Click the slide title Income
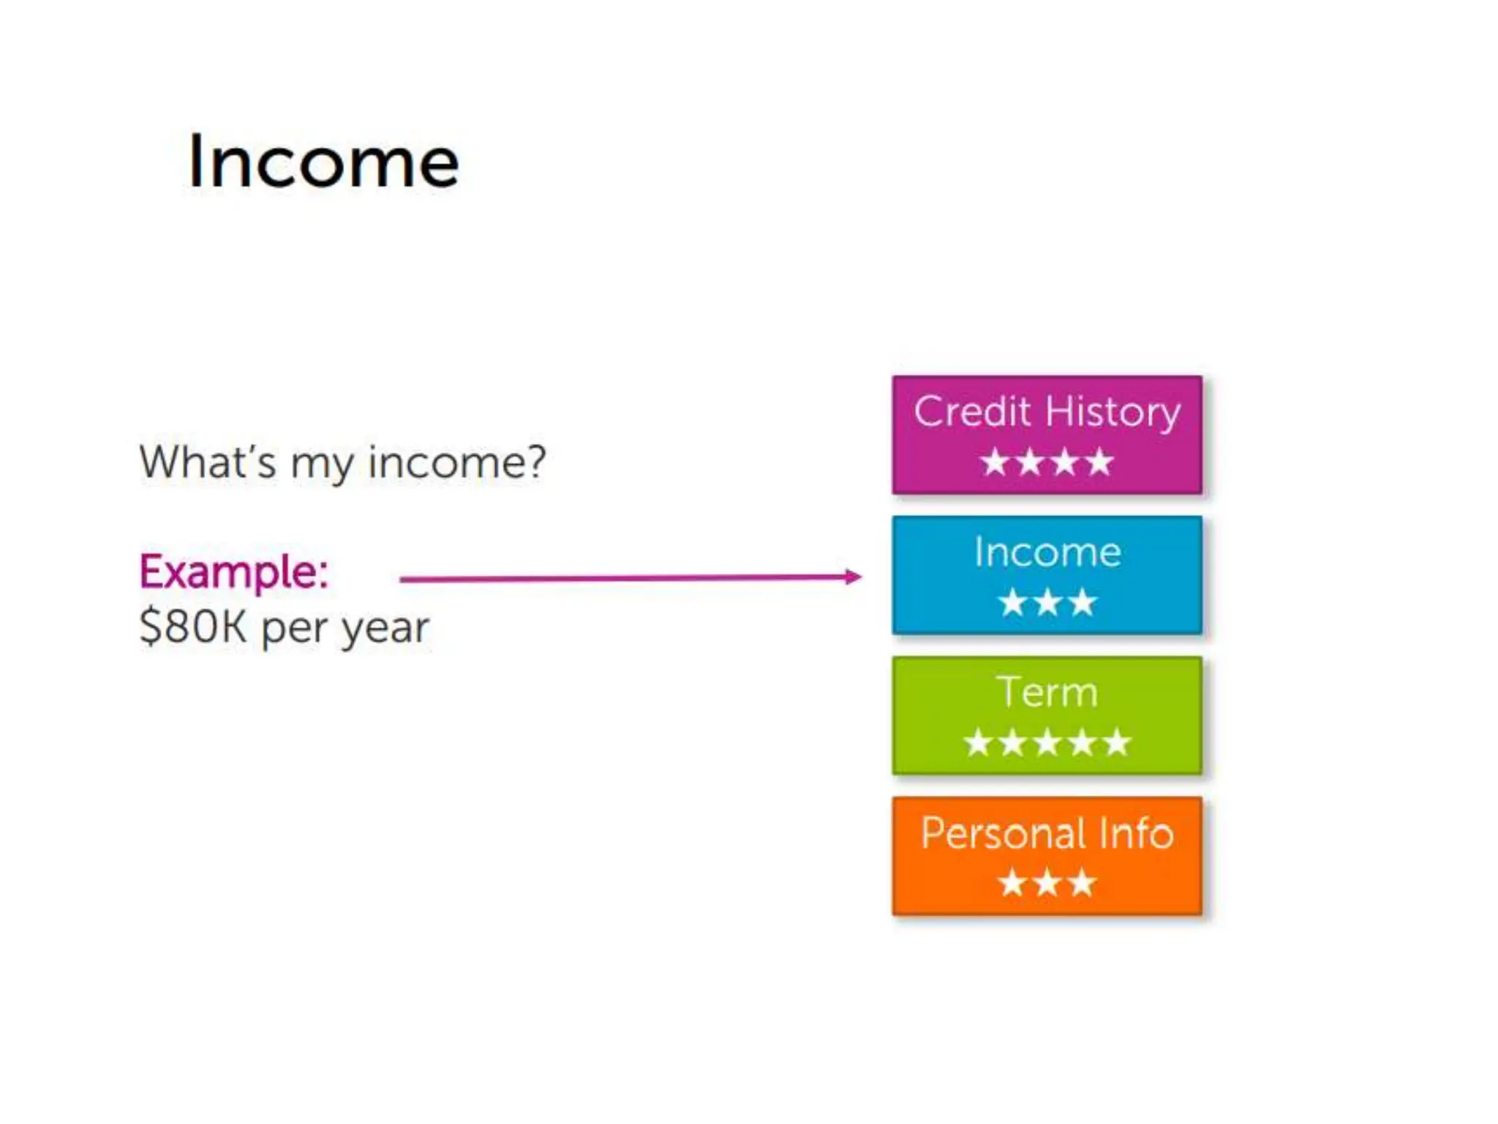pos(323,162)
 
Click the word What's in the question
pos(208,462)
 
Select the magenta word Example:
pos(234,572)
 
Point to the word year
pos(385,629)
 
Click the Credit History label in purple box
pos(1047,411)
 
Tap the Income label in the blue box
pos(1047,552)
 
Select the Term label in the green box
pos(1047,692)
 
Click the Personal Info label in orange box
pos(1047,833)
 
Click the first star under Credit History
pos(995,462)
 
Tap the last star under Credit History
pos(1099,462)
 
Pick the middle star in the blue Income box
pos(1047,603)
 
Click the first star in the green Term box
pos(978,743)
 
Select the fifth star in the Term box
pos(1117,743)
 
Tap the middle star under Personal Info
pos(1047,883)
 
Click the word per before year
pos(293,629)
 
